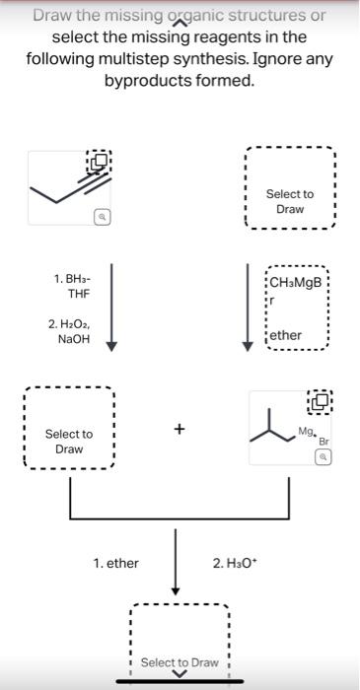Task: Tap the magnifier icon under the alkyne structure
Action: point(102,216)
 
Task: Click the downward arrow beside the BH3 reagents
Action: point(112,306)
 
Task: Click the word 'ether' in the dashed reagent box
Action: point(286,335)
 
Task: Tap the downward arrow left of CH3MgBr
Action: point(250,306)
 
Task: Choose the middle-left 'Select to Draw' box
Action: point(70,442)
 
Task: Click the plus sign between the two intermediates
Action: point(179,429)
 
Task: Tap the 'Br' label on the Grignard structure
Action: point(323,441)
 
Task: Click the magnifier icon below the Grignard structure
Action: point(321,457)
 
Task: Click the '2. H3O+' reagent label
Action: point(233,563)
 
